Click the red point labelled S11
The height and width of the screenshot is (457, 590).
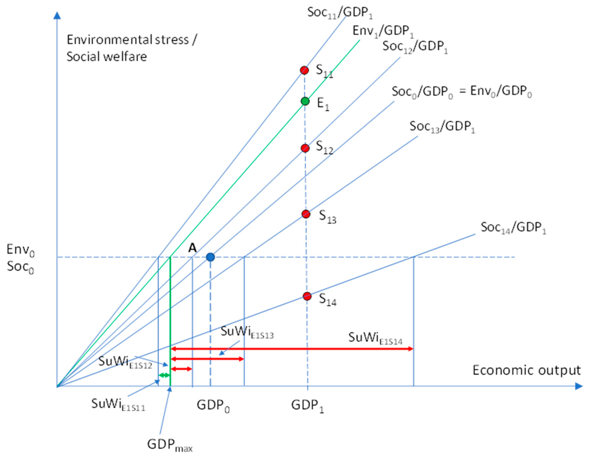(304, 70)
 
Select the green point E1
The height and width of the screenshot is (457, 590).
(305, 101)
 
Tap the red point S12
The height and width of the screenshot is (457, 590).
(305, 148)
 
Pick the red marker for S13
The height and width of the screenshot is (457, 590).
(306, 214)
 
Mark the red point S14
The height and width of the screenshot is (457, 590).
(307, 296)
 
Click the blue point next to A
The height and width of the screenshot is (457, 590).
(210, 257)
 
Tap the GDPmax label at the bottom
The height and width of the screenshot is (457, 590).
(170, 445)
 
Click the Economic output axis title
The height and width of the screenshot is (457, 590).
(527, 370)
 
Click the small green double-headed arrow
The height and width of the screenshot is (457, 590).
(164, 375)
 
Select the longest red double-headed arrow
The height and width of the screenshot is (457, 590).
(292, 349)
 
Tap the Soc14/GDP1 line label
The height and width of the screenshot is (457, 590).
(513, 228)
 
